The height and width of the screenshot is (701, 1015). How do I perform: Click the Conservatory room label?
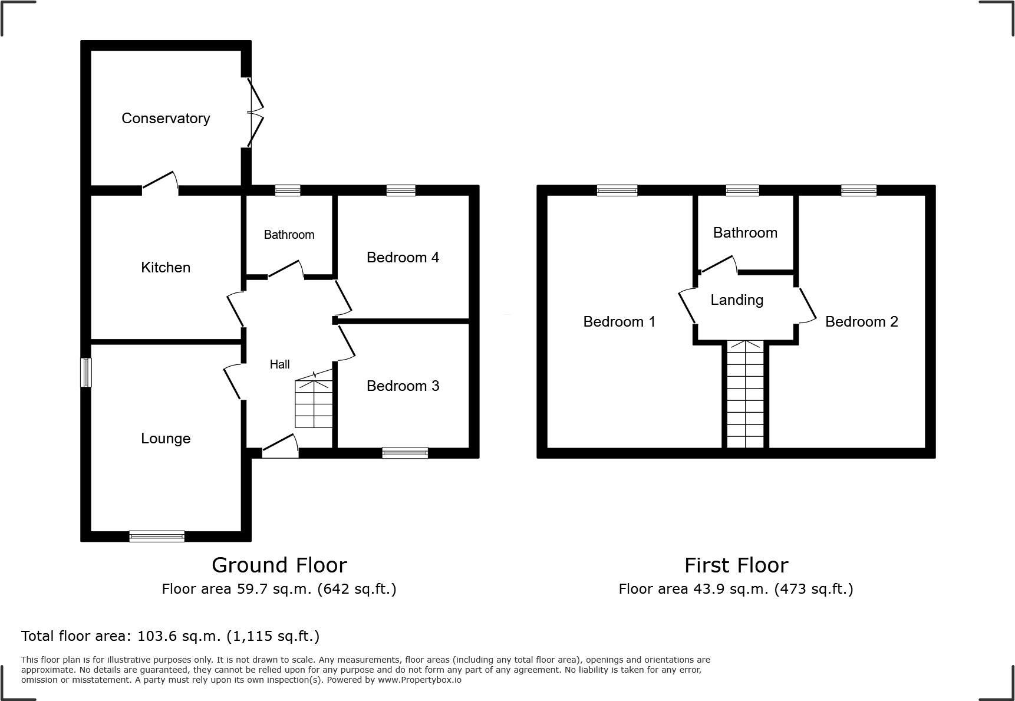[166, 119]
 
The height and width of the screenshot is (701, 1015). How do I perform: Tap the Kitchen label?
[166, 268]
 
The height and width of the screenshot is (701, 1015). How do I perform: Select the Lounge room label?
[166, 439]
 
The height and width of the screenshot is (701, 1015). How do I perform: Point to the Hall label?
[280, 364]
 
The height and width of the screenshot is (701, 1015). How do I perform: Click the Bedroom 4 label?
[403, 258]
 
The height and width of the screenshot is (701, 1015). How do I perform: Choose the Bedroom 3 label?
[403, 386]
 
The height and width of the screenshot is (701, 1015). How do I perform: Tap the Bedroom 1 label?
[619, 322]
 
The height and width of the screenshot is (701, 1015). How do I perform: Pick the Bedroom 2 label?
[862, 322]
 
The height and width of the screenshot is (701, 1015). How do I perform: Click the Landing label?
[737, 300]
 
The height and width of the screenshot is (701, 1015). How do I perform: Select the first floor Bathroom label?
[745, 233]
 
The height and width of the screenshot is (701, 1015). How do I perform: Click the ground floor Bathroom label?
[289, 235]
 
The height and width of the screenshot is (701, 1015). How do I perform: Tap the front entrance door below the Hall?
[280, 447]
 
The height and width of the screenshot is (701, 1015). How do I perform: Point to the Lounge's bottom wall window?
[157, 537]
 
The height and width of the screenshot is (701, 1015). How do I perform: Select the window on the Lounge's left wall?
[86, 373]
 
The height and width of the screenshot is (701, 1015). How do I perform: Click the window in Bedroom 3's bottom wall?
[405, 453]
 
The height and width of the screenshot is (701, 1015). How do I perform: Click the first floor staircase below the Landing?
[746, 394]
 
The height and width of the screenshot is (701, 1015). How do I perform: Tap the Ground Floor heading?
[279, 565]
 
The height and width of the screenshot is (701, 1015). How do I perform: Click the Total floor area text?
[170, 636]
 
